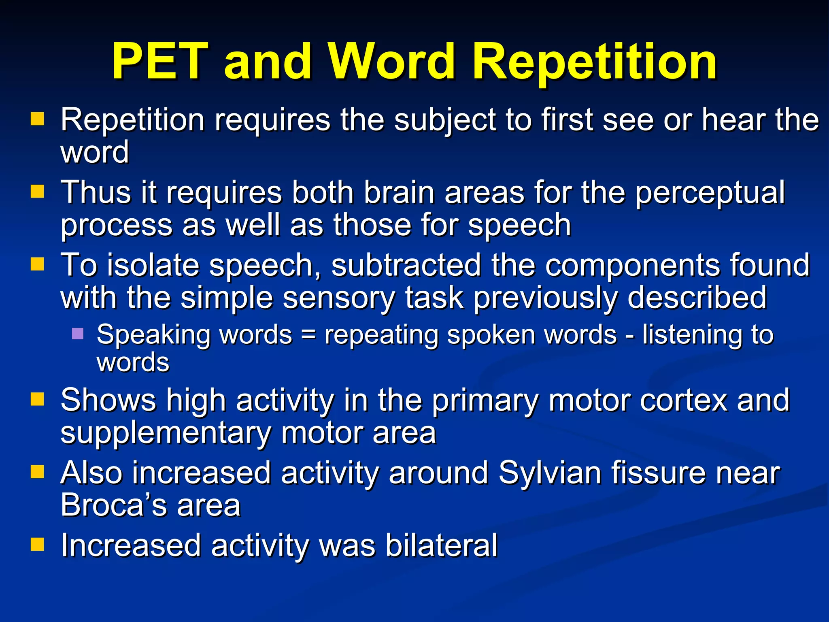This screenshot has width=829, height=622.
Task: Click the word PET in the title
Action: pyautogui.click(x=160, y=62)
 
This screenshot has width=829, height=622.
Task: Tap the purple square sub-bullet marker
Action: pyautogui.click(x=78, y=334)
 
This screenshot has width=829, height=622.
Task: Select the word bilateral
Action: pyautogui.click(x=441, y=545)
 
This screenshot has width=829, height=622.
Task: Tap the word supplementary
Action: pyautogui.click(x=166, y=433)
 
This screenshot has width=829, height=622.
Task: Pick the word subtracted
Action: pyautogui.click(x=406, y=265)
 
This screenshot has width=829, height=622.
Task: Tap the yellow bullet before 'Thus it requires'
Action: pyautogui.click(x=37, y=191)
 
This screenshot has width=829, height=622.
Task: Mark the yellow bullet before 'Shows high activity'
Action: pyautogui.click(x=37, y=399)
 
